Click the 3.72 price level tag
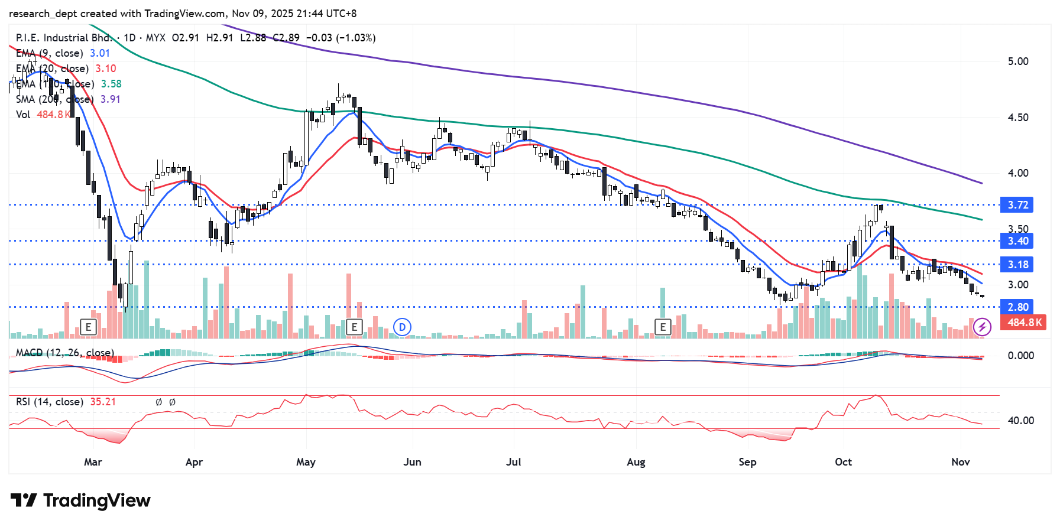pos(1017,205)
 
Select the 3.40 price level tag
pos(1017,241)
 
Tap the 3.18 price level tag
pos(1017,265)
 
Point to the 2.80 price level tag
pos(1017,307)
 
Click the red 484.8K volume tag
pos(1024,323)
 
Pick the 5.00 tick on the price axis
pos(1017,61)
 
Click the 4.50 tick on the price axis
pos(1017,118)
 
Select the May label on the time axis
pos(306,462)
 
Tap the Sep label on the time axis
pos(747,462)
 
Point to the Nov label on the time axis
pos(961,462)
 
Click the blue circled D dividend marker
pos(402,327)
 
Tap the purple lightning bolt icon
pos(982,327)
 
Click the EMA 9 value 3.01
pos(100,53)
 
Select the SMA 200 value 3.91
pos(111,99)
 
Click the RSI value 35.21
pos(103,402)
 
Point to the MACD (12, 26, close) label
pos(64,353)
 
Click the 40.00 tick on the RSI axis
pos(1020,421)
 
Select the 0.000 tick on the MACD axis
pos(1020,356)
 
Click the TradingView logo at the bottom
pos(81,501)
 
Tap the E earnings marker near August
pos(663,327)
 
